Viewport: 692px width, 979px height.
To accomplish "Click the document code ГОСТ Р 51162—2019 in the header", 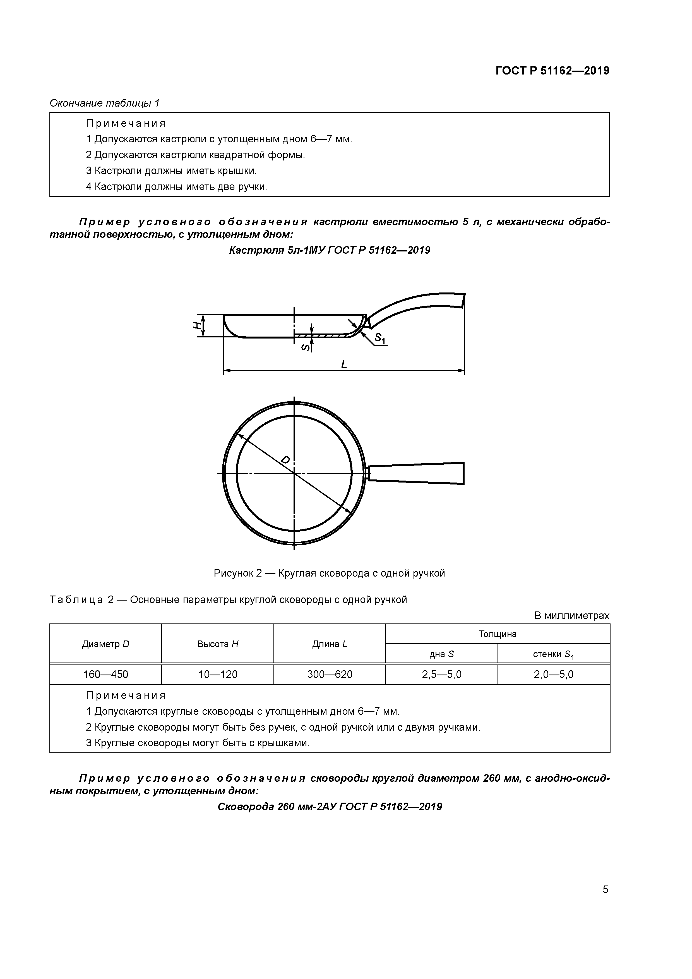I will pos(552,71).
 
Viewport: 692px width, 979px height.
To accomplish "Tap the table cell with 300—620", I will pos(330,675).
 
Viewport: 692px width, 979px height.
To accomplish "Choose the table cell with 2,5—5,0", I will pos(441,675).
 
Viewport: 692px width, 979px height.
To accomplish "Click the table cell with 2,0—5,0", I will pos(553,675).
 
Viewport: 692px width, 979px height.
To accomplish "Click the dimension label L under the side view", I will pos(344,364).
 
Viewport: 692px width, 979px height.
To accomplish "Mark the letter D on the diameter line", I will pos(286,460).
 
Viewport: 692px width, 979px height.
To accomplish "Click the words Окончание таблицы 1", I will pos(104,103).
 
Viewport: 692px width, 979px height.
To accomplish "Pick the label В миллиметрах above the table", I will pos(571,616).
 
